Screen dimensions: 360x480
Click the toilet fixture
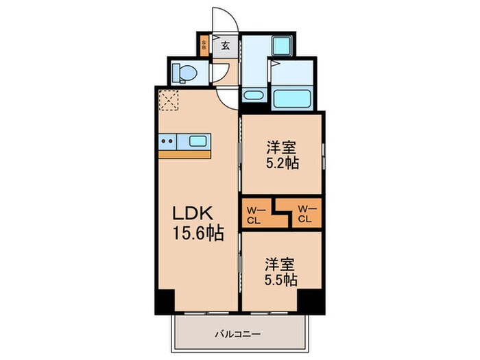pos(184,72)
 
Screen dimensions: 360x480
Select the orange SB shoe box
pos(204,46)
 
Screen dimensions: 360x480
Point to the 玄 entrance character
pos(225,47)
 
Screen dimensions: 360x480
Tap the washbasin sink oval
pos(252,95)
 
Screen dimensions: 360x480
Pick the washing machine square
pos(281,46)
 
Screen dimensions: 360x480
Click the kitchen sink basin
pos(199,142)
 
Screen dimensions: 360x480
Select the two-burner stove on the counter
pos(167,142)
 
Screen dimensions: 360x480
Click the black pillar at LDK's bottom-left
pos(165,302)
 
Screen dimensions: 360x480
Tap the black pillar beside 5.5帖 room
pos(310,300)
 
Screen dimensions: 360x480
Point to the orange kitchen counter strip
pos(184,155)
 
